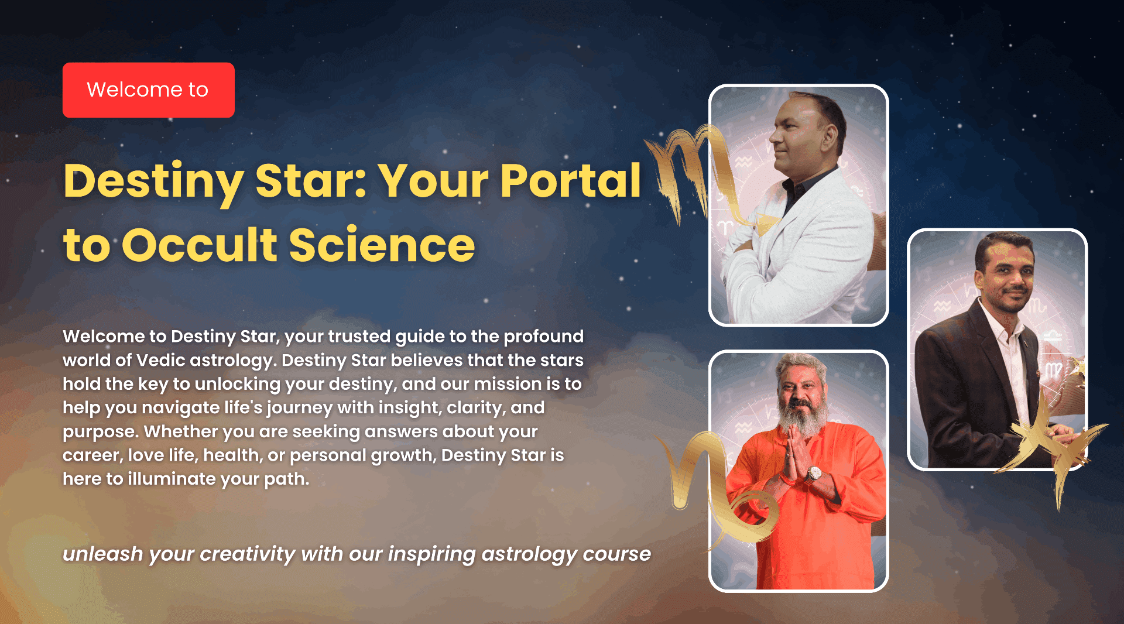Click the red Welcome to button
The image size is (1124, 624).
tap(149, 90)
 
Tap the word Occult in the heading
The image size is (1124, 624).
tap(200, 244)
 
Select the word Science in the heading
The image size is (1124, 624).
tap(382, 244)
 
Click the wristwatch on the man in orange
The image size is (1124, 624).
tap(813, 474)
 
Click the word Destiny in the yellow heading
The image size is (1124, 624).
tap(153, 181)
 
